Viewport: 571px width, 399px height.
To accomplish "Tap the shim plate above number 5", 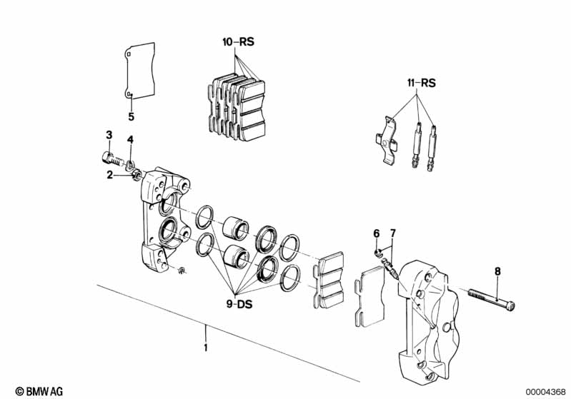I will click(x=138, y=72).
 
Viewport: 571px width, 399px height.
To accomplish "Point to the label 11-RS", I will click(x=421, y=83).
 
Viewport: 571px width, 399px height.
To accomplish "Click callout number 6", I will click(x=376, y=233).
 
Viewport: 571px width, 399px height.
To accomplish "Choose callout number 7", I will click(x=392, y=233).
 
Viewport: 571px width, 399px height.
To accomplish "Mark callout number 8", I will click(x=497, y=271).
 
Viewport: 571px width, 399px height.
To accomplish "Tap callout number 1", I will click(x=205, y=348).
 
